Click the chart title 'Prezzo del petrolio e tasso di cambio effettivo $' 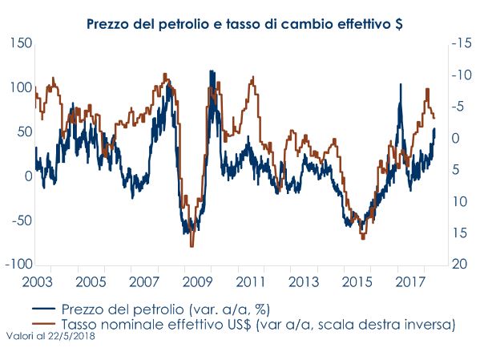(x=244, y=24)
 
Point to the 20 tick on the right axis (x=458, y=265)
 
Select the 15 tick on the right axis (x=458, y=233)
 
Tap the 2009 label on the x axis (x=196, y=283)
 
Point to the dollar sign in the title (x=398, y=24)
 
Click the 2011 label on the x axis (x=251, y=283)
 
